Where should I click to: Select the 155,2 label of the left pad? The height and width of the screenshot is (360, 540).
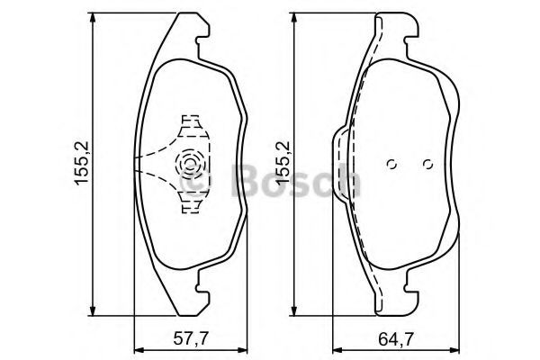82,163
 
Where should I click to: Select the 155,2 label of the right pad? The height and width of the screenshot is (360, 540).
283,163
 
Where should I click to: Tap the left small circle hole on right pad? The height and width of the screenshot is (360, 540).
391,165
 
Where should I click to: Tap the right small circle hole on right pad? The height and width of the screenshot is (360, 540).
427,165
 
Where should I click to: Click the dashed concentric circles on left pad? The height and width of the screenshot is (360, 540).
189,163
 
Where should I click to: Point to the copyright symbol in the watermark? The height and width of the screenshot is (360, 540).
195,180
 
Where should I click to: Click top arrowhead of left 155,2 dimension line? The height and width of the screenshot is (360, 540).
92,18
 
